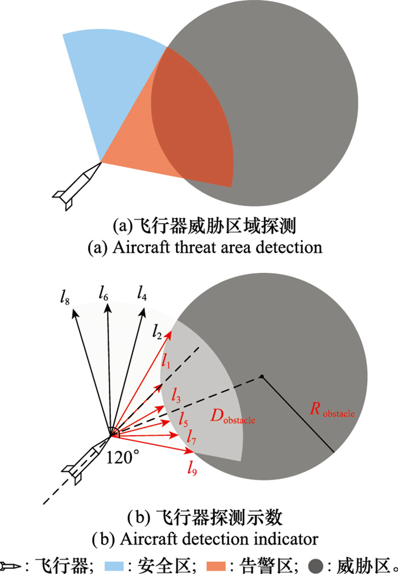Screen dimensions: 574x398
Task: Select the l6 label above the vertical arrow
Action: tap(102, 294)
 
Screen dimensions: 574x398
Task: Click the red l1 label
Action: tap(165, 360)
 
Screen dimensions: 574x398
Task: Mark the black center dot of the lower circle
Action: tap(262, 376)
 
